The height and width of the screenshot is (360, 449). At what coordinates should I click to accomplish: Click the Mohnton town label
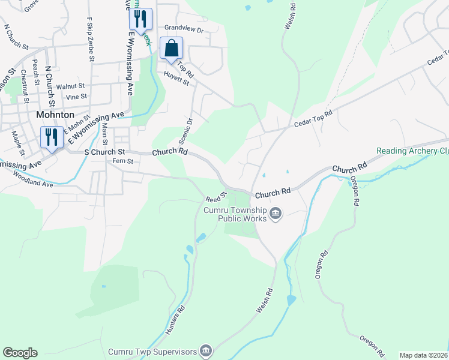55,114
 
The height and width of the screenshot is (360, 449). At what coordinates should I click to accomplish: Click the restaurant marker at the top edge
140,19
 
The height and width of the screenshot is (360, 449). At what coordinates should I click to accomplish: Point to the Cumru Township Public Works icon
276,214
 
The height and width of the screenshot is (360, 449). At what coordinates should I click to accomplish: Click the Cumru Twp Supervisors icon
206,350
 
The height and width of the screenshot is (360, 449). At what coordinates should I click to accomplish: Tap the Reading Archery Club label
412,151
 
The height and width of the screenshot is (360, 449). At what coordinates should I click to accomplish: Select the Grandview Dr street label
184,28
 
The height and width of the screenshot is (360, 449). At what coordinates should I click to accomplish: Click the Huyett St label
177,79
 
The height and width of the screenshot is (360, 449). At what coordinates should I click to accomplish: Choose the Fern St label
122,161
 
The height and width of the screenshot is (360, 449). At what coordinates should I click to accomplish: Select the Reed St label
217,196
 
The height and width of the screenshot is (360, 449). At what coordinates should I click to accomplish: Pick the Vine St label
77,96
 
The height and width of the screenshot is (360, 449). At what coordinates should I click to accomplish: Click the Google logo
20,353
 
